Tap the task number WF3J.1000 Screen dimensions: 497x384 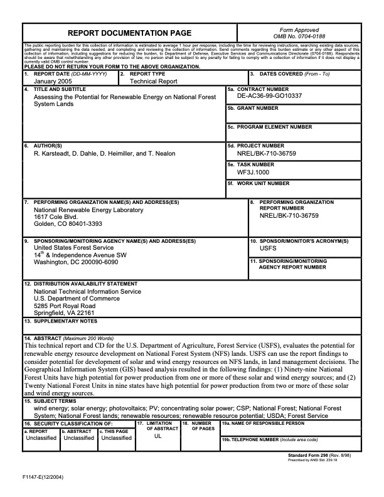[253, 172]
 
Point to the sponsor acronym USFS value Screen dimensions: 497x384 [267, 248]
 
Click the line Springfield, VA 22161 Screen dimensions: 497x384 [63, 312]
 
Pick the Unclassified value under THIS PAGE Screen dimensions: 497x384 [116, 438]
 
